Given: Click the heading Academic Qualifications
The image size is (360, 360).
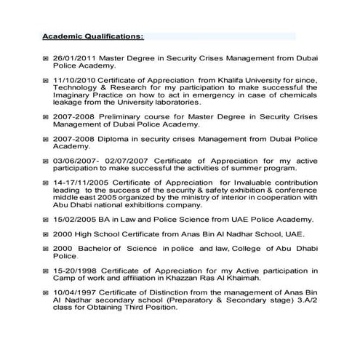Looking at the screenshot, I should tap(92, 36).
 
